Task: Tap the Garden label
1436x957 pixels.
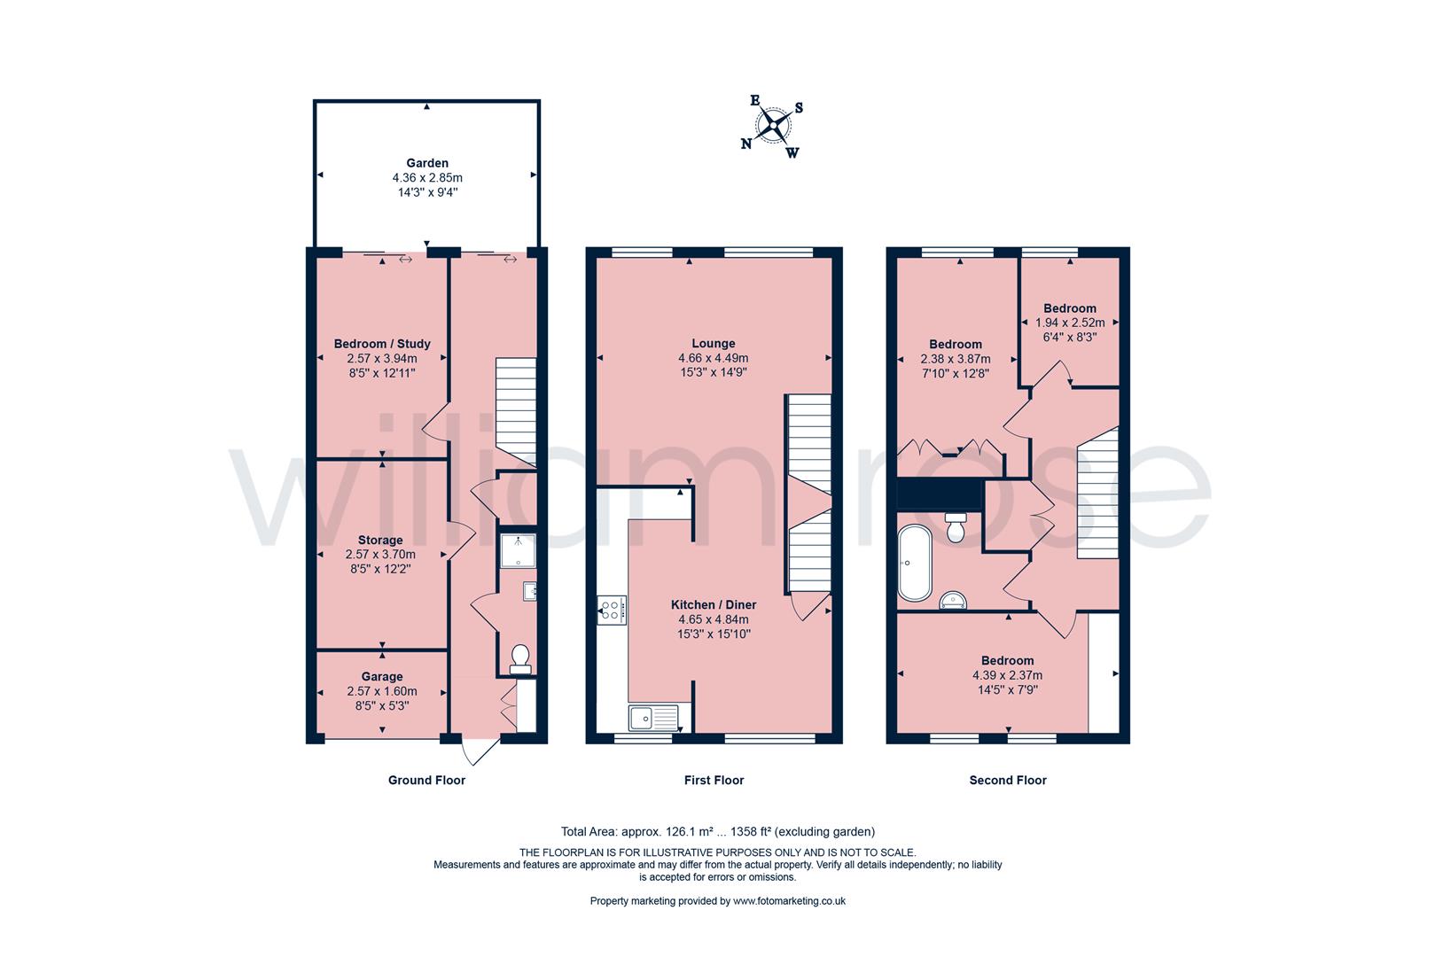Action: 427,163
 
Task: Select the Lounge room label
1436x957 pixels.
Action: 714,344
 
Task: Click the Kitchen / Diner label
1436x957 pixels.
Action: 714,604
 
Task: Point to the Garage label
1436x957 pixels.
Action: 382,677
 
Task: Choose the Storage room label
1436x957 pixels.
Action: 380,540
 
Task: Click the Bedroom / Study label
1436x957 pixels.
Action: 382,344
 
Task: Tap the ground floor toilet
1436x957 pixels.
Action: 520,659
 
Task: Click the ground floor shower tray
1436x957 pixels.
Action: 518,551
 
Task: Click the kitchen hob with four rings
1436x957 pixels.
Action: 612,611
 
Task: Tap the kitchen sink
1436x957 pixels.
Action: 653,718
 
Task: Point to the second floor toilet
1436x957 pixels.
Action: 956,527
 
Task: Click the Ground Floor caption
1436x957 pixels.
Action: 427,780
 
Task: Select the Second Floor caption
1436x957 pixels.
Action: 1008,780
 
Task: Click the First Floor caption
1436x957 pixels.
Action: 714,780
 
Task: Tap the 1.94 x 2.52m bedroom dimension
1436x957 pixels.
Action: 1070,323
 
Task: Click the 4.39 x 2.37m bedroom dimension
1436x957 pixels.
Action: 1007,675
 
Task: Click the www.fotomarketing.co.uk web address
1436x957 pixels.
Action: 789,900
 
